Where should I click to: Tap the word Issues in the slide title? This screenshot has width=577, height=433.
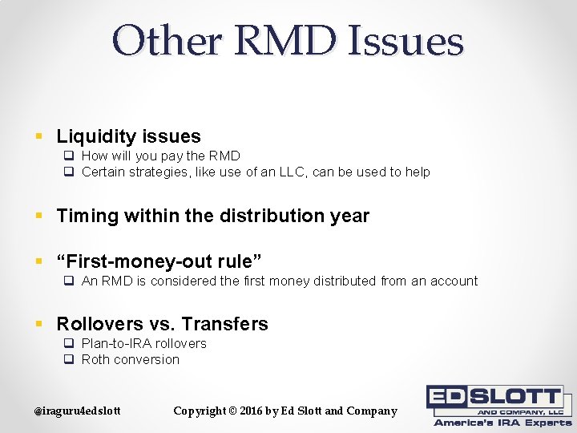point(406,41)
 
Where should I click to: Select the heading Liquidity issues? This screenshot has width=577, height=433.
point(128,136)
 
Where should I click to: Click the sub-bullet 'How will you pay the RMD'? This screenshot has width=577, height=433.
point(160,156)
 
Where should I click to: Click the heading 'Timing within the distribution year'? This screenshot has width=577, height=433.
point(212,216)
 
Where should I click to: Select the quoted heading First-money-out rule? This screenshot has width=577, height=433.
point(159,261)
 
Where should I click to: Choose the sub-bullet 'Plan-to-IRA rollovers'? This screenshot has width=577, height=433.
point(143,343)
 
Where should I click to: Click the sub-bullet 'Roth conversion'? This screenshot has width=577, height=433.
point(130,359)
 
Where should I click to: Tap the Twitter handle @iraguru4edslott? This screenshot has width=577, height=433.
point(77,411)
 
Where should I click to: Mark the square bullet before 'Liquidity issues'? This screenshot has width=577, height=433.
point(38,137)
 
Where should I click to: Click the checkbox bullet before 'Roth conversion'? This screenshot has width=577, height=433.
point(69,359)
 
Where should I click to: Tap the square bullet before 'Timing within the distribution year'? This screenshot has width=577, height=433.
point(38,216)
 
